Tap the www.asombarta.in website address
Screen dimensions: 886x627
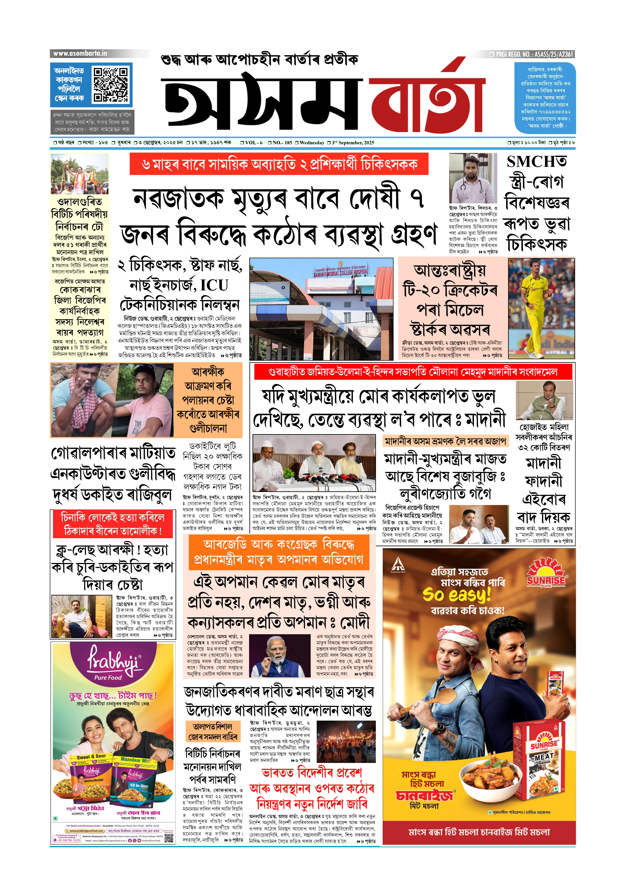coord(80,53)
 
